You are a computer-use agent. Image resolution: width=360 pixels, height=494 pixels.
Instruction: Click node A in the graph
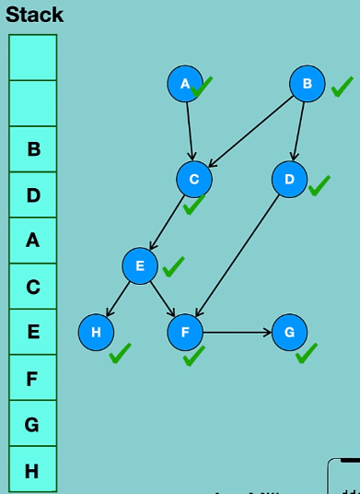pyautogui.click(x=185, y=84)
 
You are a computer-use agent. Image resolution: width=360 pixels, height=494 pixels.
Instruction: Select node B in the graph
pyautogui.click(x=308, y=84)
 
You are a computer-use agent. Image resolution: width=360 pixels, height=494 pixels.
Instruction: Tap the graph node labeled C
pyautogui.click(x=194, y=179)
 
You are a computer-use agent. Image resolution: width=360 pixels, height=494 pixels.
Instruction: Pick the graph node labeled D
pyautogui.click(x=289, y=179)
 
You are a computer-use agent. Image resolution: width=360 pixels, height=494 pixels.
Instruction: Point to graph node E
pyautogui.click(x=140, y=266)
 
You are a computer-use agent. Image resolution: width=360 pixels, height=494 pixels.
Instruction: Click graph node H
pyautogui.click(x=96, y=332)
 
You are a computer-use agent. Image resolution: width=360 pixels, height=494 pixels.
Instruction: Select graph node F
pyautogui.click(x=185, y=332)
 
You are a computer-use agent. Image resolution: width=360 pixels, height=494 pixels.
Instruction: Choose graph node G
pyautogui.click(x=289, y=332)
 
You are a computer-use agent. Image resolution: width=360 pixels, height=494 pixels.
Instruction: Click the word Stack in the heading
pyautogui.click(x=34, y=15)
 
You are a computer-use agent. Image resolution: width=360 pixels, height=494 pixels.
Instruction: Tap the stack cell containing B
pyautogui.click(x=33, y=148)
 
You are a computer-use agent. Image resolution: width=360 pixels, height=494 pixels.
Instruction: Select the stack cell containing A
pyautogui.click(x=33, y=241)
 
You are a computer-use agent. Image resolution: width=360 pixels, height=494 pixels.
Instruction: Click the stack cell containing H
pyautogui.click(x=33, y=471)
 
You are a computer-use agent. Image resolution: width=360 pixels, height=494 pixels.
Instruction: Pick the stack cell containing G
pyautogui.click(x=33, y=425)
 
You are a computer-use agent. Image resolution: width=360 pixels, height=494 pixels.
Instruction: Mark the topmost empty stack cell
pyautogui.click(x=33, y=57)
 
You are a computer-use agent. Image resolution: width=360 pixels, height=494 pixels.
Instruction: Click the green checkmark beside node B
pyautogui.click(x=342, y=88)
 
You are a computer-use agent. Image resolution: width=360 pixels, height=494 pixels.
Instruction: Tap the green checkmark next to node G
pyautogui.click(x=307, y=354)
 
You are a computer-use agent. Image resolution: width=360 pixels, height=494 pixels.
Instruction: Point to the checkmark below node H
pyautogui.click(x=120, y=354)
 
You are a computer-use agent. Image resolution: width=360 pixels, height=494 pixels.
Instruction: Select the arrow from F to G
pyautogui.click(x=237, y=332)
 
